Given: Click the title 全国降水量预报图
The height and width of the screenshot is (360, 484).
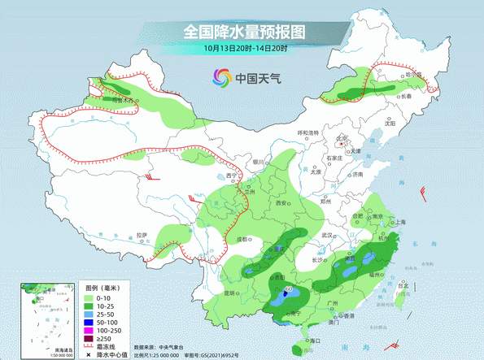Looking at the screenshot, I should point(243,32).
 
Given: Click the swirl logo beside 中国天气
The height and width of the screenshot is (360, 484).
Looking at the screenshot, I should point(221,77).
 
